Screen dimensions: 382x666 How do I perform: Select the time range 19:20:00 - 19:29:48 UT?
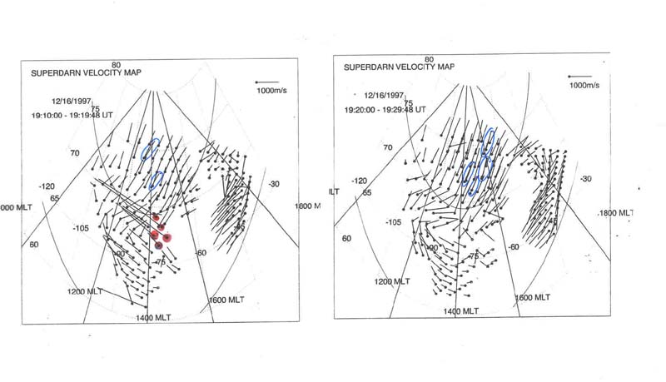[x=385, y=109]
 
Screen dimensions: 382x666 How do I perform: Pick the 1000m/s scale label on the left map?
[x=272, y=89]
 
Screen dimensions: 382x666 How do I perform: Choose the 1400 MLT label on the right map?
[x=460, y=310]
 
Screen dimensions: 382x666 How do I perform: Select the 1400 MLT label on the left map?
[x=157, y=317]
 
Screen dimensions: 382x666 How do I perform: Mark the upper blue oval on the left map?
[x=150, y=149]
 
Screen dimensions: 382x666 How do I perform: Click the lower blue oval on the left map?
[x=156, y=179]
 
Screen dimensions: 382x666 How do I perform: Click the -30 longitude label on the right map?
[x=585, y=179]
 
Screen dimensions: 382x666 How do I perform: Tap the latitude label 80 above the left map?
[x=117, y=65]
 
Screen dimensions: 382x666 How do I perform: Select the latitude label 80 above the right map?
[x=430, y=60]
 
